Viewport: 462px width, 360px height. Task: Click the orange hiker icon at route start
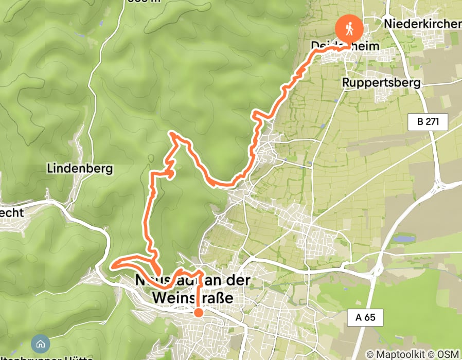pos(349,29)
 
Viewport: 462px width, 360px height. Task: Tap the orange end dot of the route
pos(198,312)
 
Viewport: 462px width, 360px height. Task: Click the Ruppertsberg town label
pos(381,82)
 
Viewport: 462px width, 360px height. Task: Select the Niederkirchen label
pos(422,24)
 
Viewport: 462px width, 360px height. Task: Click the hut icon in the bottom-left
pos(40,344)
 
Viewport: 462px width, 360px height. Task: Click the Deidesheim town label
pos(345,46)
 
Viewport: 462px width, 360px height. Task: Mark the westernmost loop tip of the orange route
pos(112,266)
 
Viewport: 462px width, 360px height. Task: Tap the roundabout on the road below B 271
pos(438,184)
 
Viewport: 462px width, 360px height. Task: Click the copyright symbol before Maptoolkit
pos(370,354)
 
